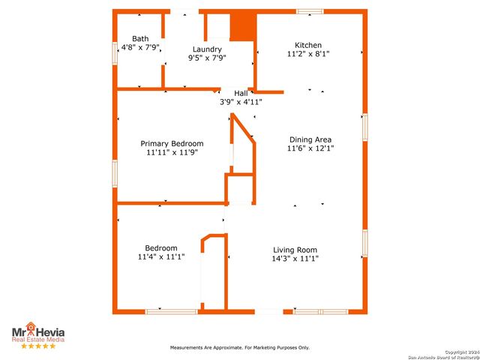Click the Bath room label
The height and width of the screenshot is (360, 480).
click(x=140, y=38)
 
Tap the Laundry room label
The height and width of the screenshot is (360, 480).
click(x=207, y=49)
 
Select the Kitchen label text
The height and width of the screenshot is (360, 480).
click(x=308, y=45)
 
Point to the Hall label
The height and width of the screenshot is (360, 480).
click(x=241, y=93)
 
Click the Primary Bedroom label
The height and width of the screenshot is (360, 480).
click(x=172, y=143)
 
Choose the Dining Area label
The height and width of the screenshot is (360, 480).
click(x=310, y=139)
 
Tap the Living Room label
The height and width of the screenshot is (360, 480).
click(x=294, y=250)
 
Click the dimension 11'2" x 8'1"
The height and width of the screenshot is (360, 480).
click(x=308, y=54)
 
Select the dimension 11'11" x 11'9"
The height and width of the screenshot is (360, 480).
click(x=172, y=152)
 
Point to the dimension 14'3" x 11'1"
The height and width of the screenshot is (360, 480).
click(x=294, y=259)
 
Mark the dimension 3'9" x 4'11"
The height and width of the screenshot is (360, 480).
click(x=241, y=102)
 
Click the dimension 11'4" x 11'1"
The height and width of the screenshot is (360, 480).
click(x=161, y=257)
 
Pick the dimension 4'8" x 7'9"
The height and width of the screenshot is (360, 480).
click(x=141, y=47)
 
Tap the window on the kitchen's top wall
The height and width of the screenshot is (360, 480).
click(x=309, y=11)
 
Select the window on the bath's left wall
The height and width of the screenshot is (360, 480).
click(x=115, y=53)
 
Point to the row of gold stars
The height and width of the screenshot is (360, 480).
click(x=37, y=346)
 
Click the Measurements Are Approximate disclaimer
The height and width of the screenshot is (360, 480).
click(x=240, y=347)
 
